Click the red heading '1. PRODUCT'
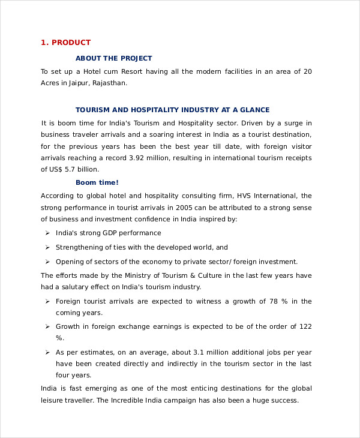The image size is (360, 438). click(x=65, y=43)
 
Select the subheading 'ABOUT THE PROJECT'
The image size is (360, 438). click(x=113, y=58)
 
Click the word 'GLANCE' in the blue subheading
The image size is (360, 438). click(x=255, y=110)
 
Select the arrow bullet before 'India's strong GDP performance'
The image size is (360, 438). click(x=47, y=233)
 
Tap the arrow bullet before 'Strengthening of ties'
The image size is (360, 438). click(x=47, y=247)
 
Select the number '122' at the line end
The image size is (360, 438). click(x=305, y=326)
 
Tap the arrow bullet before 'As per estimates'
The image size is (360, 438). click(x=47, y=352)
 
